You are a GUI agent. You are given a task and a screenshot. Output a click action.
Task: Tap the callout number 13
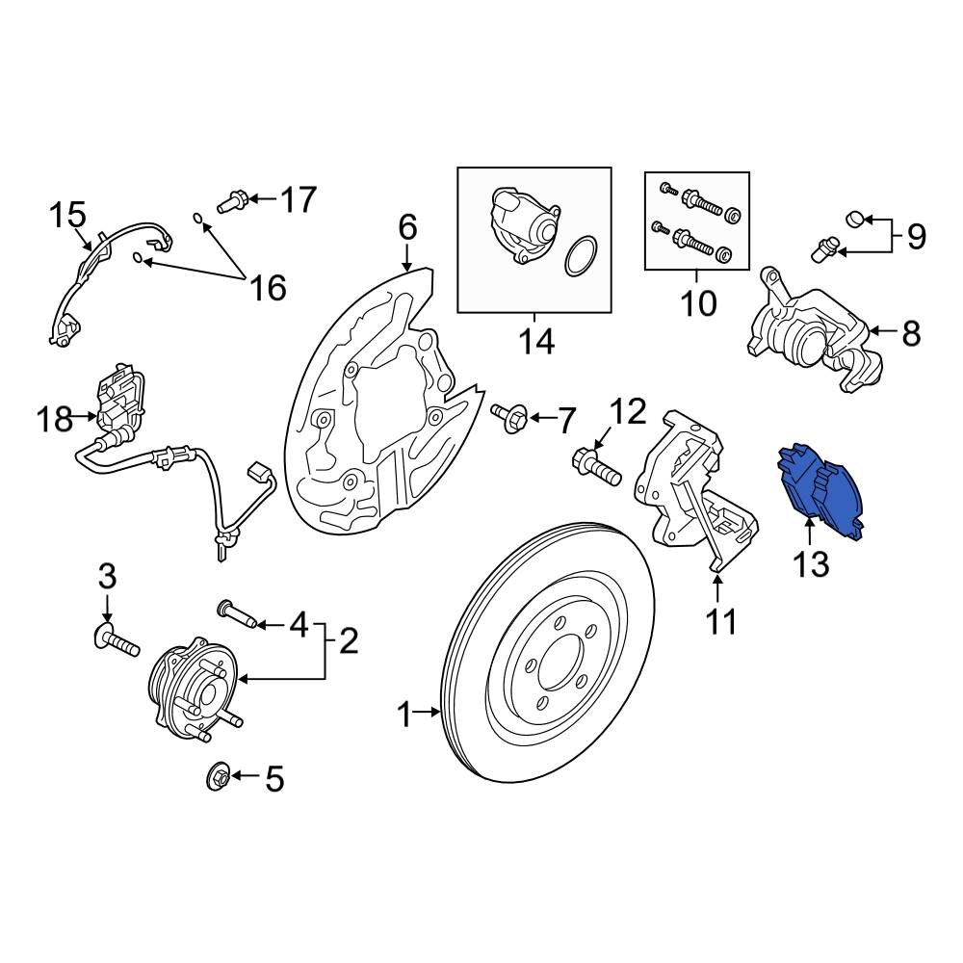tap(811, 563)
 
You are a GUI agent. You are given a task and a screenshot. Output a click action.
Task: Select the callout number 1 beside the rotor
tap(404, 715)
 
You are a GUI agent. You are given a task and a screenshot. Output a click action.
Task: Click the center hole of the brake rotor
tap(553, 664)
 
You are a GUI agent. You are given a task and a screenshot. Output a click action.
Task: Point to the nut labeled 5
tap(219, 775)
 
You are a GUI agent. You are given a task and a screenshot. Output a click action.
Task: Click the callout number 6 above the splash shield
tap(407, 228)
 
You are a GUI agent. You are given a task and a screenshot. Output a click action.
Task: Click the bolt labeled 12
tap(594, 468)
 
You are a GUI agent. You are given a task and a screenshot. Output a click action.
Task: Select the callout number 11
tap(720, 621)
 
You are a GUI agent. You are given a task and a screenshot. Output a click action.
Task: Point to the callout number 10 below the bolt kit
tap(698, 303)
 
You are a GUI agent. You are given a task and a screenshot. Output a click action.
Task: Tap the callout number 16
tap(269, 286)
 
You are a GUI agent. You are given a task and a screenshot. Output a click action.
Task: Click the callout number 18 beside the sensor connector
tap(55, 419)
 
